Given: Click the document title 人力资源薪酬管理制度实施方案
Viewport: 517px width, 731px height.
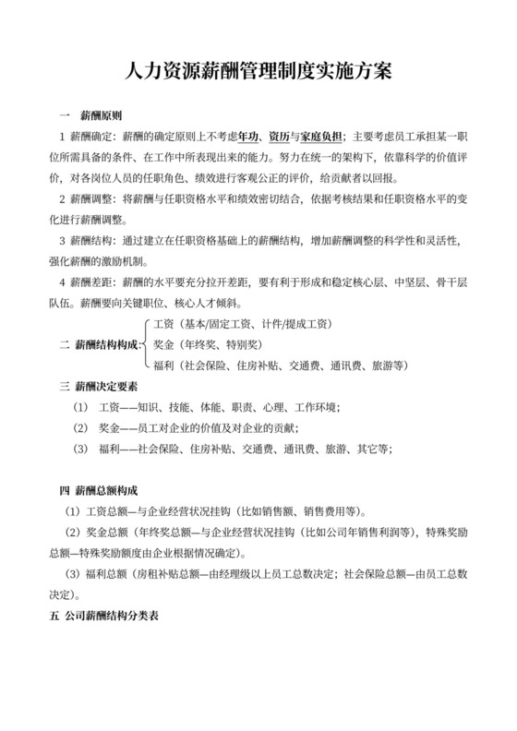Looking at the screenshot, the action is pyautogui.click(x=258, y=72).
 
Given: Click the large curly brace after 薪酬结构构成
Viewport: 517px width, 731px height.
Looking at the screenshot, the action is pyautogui.click(x=148, y=344).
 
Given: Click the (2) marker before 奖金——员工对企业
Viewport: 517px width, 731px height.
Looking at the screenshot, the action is pyautogui.click(x=79, y=428).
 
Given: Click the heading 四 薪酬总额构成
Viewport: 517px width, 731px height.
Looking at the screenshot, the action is pyautogui.click(x=103, y=489).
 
